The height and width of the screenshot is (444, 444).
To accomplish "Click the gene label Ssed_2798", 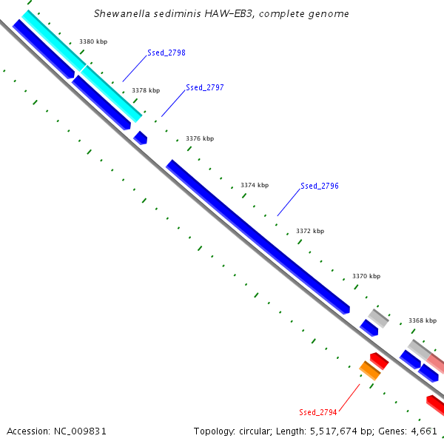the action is pos(166,53).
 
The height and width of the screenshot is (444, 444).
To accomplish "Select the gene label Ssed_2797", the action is pos(205,88).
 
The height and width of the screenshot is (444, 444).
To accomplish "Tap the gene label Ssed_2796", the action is pos(320,186).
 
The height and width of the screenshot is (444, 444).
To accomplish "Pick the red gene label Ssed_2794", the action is pos(318,412).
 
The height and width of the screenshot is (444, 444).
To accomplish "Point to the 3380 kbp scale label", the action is pos(93,41).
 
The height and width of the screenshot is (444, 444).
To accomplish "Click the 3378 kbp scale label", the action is pos(146,90).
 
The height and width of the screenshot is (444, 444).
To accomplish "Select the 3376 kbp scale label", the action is pos(200,138).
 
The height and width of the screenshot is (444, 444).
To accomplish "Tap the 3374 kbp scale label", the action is pos(255,185).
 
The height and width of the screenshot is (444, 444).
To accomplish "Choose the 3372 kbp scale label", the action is pos(310,231).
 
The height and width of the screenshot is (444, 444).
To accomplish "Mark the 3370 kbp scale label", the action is pos(366,276).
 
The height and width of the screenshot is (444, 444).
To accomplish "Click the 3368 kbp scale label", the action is pos(423,320).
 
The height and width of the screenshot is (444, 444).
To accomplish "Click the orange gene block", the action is pos(370,371).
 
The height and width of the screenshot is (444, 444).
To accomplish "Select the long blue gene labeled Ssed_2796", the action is pos(258,237).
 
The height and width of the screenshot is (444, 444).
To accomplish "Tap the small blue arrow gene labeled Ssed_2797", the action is pos(141,138).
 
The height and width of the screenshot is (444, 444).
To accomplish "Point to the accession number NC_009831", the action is pos(80,431).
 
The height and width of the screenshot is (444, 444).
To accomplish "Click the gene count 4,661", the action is pos(424,431).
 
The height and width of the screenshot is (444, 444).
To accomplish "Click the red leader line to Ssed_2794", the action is pos(349,397).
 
